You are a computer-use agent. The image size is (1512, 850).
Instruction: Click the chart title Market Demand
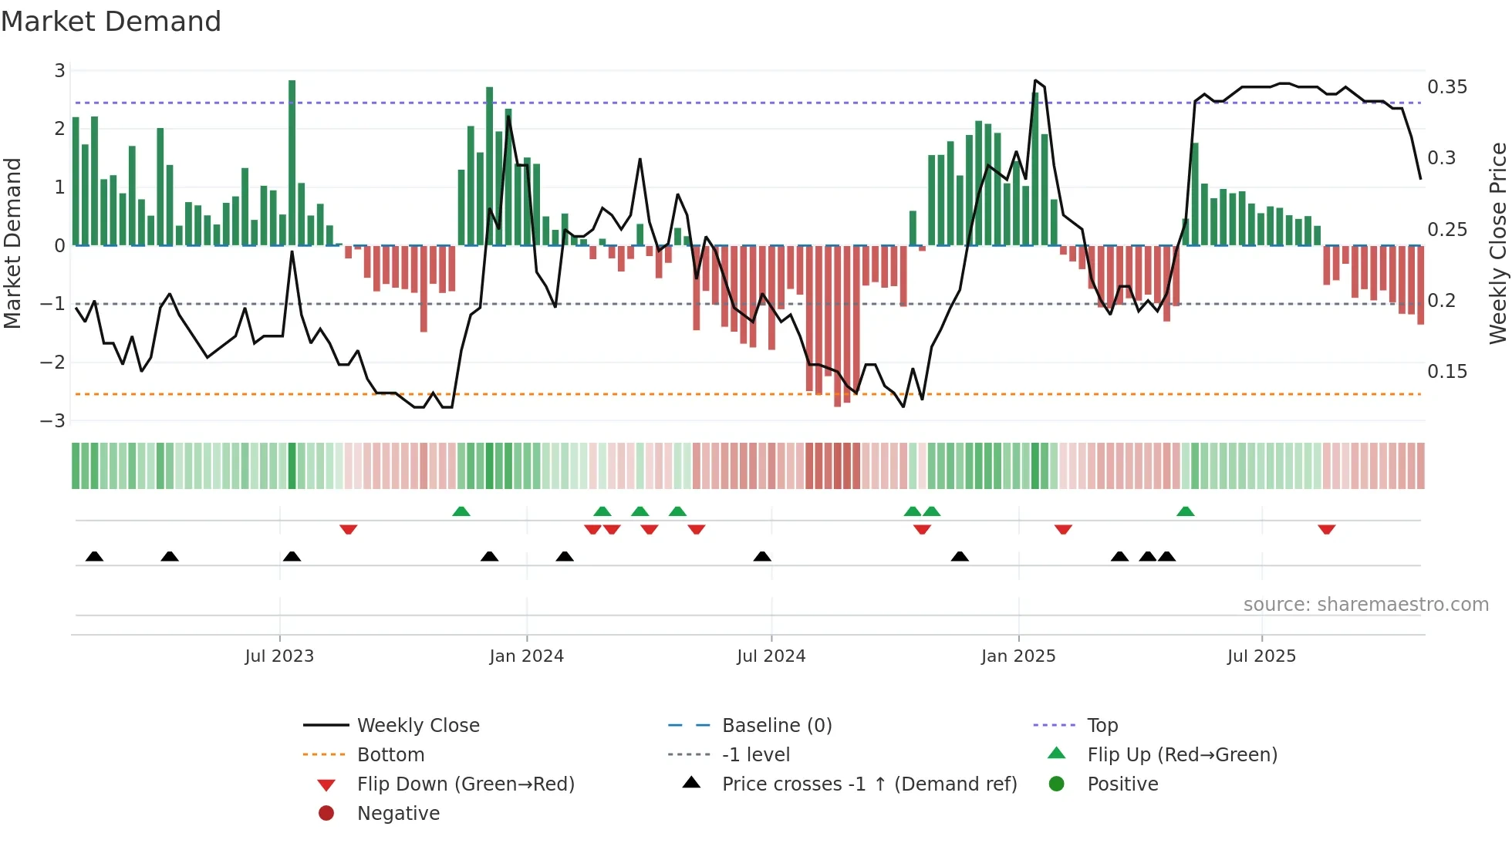pyautogui.click(x=111, y=22)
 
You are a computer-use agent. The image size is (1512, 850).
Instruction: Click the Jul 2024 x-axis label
pyautogui.click(x=771, y=656)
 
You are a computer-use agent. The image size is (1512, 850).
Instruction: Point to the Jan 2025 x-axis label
pyautogui.click(x=1018, y=656)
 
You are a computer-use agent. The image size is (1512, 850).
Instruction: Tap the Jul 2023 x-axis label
pyautogui.click(x=279, y=656)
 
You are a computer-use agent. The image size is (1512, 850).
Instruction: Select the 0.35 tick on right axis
pyautogui.click(x=1446, y=87)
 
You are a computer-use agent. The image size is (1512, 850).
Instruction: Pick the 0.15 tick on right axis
pyautogui.click(x=1446, y=372)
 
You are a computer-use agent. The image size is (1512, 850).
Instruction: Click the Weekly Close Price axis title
pyautogui.click(x=1497, y=243)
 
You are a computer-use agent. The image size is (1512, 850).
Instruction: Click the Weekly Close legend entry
pyautogui.click(x=417, y=726)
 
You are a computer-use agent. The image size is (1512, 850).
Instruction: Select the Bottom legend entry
pyautogui.click(x=390, y=755)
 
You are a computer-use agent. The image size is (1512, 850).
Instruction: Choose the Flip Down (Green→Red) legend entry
pyautogui.click(x=465, y=784)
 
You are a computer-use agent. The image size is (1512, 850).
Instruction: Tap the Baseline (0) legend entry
pyautogui.click(x=776, y=726)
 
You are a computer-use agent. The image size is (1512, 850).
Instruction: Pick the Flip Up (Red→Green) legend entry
pyautogui.click(x=1182, y=755)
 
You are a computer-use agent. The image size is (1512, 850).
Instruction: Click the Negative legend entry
pyautogui.click(x=398, y=814)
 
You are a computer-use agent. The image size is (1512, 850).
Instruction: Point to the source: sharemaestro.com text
pyautogui.click(x=1365, y=605)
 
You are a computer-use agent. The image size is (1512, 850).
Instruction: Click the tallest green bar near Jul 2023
pyautogui.click(x=292, y=162)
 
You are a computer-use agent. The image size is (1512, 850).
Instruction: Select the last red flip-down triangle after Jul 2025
pyautogui.click(x=1326, y=529)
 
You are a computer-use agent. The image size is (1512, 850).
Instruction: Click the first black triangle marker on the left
pyautogui.click(x=94, y=556)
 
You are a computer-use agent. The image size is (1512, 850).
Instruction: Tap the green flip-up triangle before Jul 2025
pyautogui.click(x=1186, y=511)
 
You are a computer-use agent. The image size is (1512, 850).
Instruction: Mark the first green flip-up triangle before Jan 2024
pyautogui.click(x=461, y=511)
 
